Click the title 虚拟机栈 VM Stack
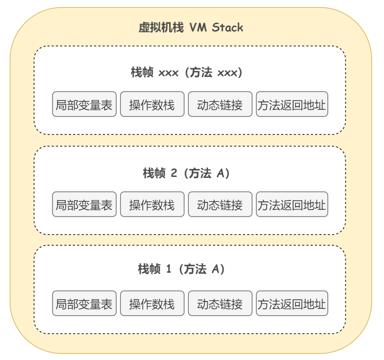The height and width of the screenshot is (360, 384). click(x=191, y=27)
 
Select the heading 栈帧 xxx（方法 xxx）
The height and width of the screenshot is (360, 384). click(x=187, y=72)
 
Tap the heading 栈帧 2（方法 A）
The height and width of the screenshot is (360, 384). click(x=186, y=173)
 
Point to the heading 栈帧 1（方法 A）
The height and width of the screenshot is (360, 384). click(x=181, y=268)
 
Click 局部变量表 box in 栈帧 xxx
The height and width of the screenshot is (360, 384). click(x=84, y=104)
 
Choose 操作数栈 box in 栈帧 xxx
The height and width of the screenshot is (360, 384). click(x=152, y=104)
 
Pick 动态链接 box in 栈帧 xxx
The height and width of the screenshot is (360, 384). click(x=220, y=104)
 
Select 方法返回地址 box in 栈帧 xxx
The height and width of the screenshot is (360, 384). click(x=292, y=104)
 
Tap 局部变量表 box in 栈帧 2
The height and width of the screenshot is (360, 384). click(x=84, y=204)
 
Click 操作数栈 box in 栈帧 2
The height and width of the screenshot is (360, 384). click(x=152, y=204)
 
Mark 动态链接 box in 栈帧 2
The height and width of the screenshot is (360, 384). click(x=220, y=204)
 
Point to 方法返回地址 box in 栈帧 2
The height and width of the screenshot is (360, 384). click(x=292, y=204)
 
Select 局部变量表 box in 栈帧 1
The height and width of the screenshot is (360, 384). click(x=84, y=303)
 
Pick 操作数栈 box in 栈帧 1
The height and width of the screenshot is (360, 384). click(x=152, y=303)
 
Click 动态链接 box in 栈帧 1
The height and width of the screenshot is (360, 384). click(x=220, y=303)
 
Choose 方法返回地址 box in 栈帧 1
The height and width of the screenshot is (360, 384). click(x=292, y=303)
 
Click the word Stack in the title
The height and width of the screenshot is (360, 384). click(x=227, y=27)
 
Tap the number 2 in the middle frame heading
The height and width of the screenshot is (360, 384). click(x=174, y=173)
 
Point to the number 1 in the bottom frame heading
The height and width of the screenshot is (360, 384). click(x=168, y=268)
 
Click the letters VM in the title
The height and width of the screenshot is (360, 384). click(x=198, y=27)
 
